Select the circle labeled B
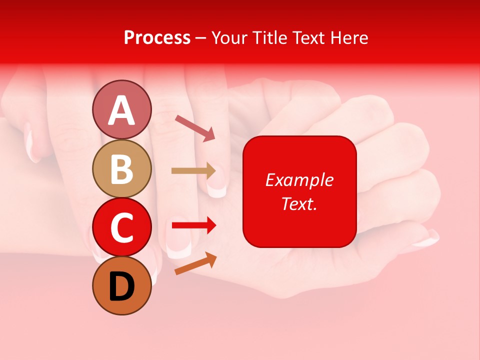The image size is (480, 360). [121, 168]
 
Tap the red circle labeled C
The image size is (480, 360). [121, 227]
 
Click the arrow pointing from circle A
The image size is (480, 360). [195, 127]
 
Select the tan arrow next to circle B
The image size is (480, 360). [193, 171]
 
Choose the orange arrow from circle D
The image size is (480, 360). [195, 263]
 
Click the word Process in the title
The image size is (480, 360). [157, 37]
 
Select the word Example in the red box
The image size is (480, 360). [299, 180]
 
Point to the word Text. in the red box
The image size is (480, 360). [299, 203]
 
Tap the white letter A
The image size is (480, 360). [121, 110]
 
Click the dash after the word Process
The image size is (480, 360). [200, 38]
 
